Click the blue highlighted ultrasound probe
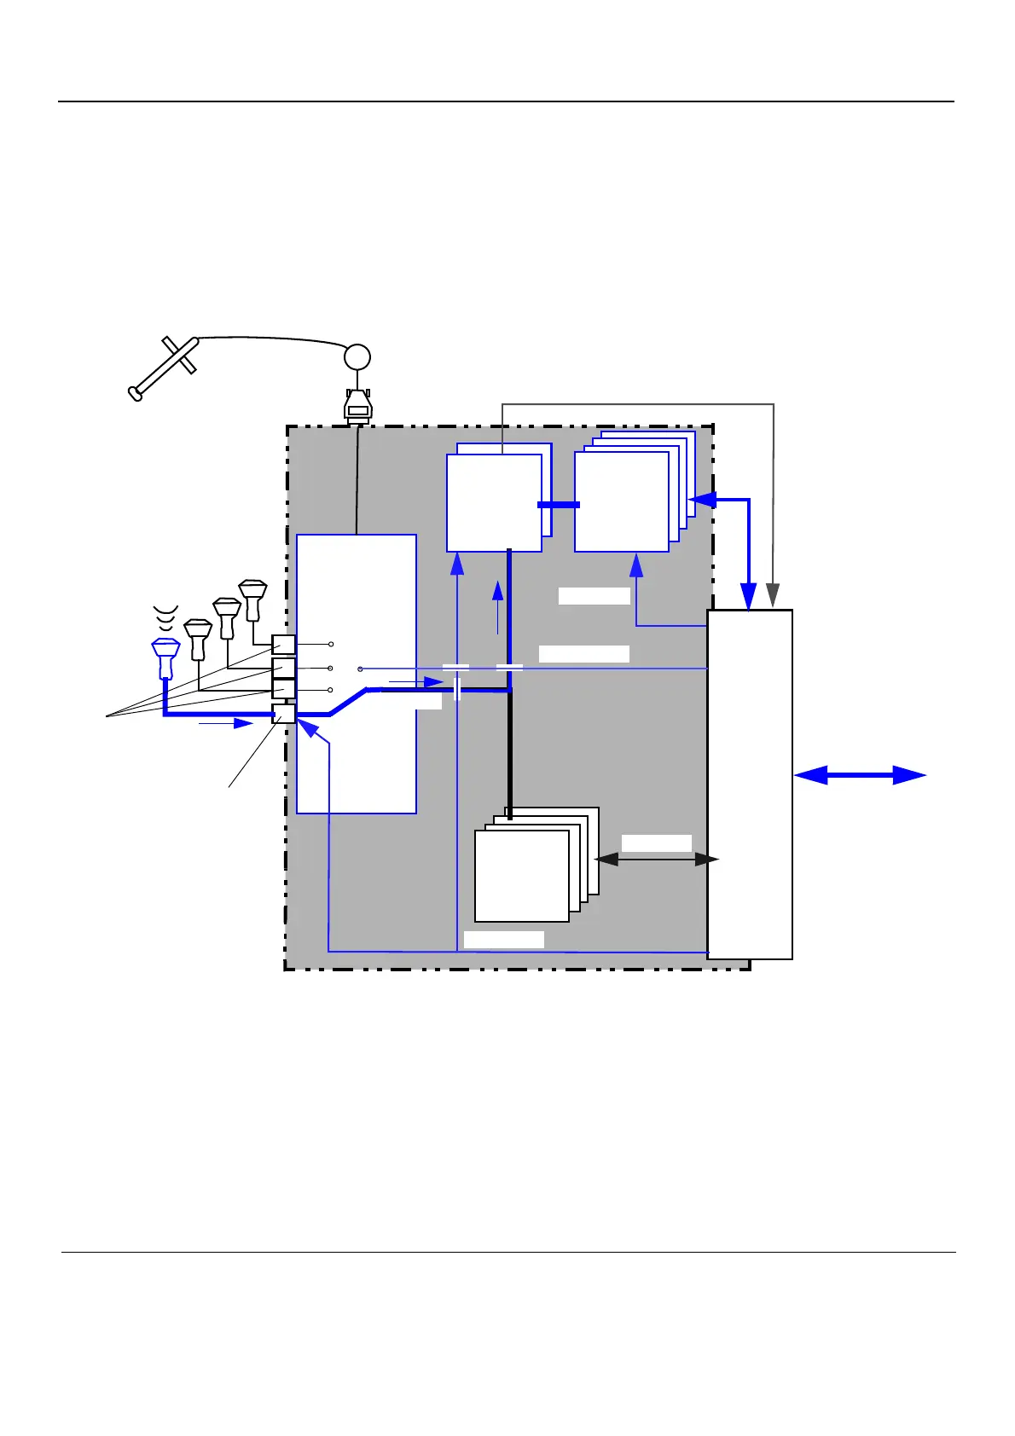pyautogui.click(x=165, y=657)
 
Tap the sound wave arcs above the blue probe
pyautogui.click(x=165, y=617)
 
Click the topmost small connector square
pyautogui.click(x=283, y=645)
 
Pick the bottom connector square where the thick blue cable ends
pyautogui.click(x=283, y=713)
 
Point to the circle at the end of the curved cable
pyautogui.click(x=357, y=357)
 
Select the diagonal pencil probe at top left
pyautogui.click(x=165, y=368)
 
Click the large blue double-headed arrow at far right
pyautogui.click(x=860, y=775)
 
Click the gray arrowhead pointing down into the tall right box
pyautogui.click(x=773, y=595)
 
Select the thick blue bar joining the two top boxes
pyautogui.click(x=559, y=505)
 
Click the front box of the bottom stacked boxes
pyautogui.click(x=521, y=876)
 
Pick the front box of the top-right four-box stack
pyautogui.click(x=621, y=501)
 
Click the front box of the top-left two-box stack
pyautogui.click(x=494, y=502)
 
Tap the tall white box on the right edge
pyautogui.click(x=750, y=785)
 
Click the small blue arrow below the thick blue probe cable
pyautogui.click(x=226, y=724)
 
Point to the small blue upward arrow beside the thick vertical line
pyautogui.click(x=498, y=607)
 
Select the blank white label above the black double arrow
pyautogui.click(x=656, y=843)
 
